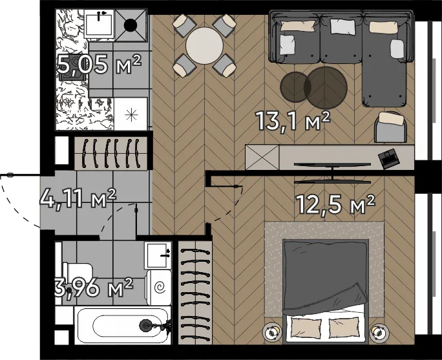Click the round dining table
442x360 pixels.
tap(204, 45)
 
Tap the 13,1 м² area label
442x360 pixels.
tap(293, 121)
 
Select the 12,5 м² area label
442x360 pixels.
tap(335, 204)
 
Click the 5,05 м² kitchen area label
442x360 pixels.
tap(99, 64)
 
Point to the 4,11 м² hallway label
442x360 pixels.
tap(78, 198)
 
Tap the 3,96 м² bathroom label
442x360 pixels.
tap(94, 288)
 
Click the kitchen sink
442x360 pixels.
tap(99, 24)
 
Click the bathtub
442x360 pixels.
tap(123, 326)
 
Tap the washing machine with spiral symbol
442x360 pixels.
tap(159, 287)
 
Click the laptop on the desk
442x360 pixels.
tap(389, 158)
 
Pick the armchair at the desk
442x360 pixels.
tap(391, 127)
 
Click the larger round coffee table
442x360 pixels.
tap(326, 88)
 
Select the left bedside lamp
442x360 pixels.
tap(272, 332)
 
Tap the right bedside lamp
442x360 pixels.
tap(379, 333)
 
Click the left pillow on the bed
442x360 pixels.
tap(306, 328)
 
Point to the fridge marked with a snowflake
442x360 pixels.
tap(131, 114)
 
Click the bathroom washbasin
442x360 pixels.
tap(158, 255)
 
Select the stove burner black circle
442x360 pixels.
tap(131, 26)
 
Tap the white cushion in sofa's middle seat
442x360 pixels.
tap(342, 26)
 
